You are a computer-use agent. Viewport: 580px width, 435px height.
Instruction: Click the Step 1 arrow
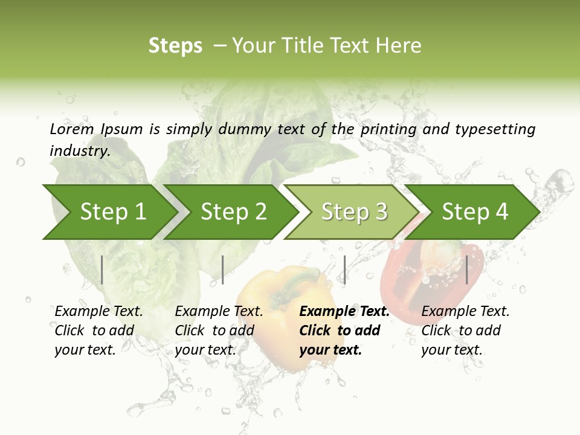(x=109, y=212)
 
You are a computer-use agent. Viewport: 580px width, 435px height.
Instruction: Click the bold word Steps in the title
(x=175, y=46)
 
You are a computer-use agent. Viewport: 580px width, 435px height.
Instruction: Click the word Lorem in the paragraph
(x=71, y=129)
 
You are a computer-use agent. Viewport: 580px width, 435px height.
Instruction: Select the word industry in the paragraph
(x=79, y=150)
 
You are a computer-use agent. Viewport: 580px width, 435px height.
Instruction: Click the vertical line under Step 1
(x=102, y=269)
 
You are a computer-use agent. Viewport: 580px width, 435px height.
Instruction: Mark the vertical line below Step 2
(x=223, y=269)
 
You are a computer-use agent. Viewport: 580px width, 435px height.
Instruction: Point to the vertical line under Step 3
(x=344, y=269)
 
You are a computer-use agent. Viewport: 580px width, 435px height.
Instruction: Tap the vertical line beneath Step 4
(x=466, y=269)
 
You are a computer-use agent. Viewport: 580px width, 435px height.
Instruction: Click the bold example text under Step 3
(x=344, y=330)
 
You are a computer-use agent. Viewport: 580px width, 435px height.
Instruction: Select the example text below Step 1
(x=98, y=330)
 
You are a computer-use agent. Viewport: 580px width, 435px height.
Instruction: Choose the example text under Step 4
(x=465, y=330)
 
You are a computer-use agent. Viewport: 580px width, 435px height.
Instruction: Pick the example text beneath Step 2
(x=219, y=330)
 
